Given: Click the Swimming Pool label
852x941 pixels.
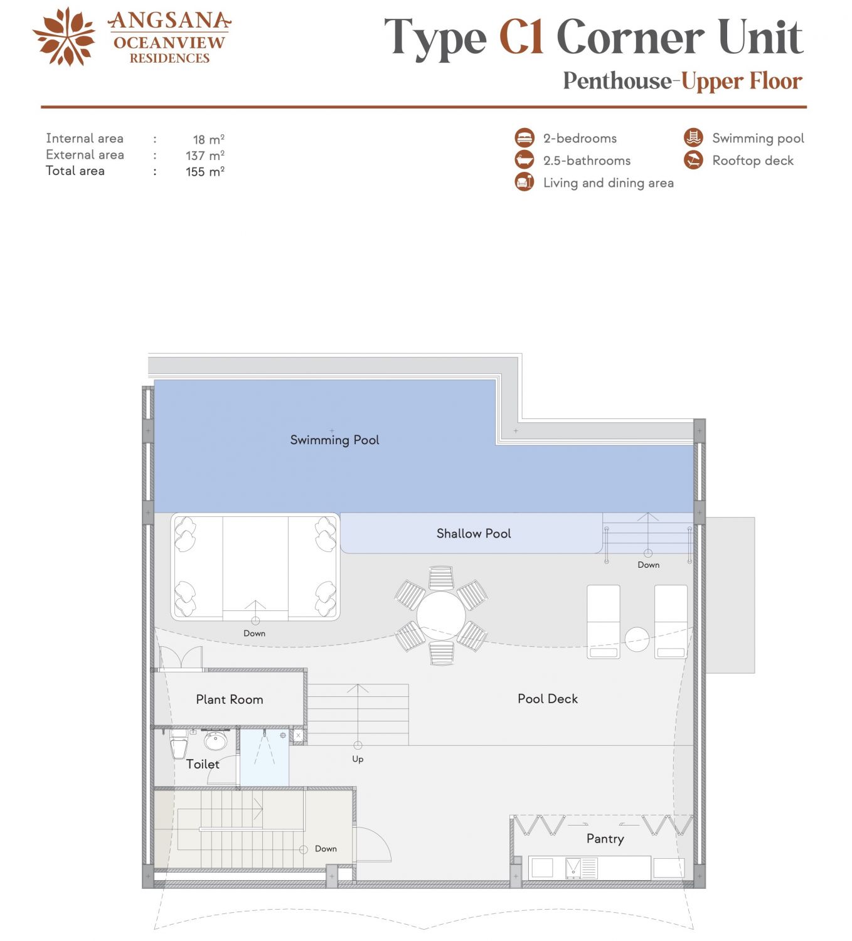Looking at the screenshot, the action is click(x=334, y=440).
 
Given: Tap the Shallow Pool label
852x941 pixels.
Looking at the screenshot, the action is click(x=474, y=533).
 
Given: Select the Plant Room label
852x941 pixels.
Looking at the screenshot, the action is click(x=230, y=699).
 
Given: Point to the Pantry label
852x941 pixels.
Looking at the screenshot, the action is click(x=605, y=839).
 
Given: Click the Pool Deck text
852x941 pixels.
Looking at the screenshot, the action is click(x=548, y=698).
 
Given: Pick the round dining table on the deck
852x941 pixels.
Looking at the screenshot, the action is click(x=441, y=615).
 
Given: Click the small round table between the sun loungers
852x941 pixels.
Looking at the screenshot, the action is click(x=637, y=639).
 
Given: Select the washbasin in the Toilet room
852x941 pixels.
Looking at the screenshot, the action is click(x=216, y=741).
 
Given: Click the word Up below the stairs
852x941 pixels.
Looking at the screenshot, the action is click(x=358, y=759).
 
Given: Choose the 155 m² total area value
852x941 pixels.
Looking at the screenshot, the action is click(x=205, y=171).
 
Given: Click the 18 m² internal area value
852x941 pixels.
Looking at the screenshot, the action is click(x=209, y=139).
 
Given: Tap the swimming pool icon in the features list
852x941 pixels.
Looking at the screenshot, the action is click(x=693, y=138).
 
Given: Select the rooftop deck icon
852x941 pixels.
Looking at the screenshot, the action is click(x=693, y=160).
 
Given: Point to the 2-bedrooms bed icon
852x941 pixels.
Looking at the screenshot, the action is click(x=525, y=138).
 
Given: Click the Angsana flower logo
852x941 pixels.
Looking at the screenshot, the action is click(x=64, y=36).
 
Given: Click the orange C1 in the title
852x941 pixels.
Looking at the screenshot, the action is click(x=521, y=36).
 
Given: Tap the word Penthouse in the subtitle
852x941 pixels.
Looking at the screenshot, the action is click(x=617, y=81).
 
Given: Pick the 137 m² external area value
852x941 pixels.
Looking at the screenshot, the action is click(x=205, y=156).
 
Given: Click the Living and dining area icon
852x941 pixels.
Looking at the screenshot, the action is click(x=525, y=182).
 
